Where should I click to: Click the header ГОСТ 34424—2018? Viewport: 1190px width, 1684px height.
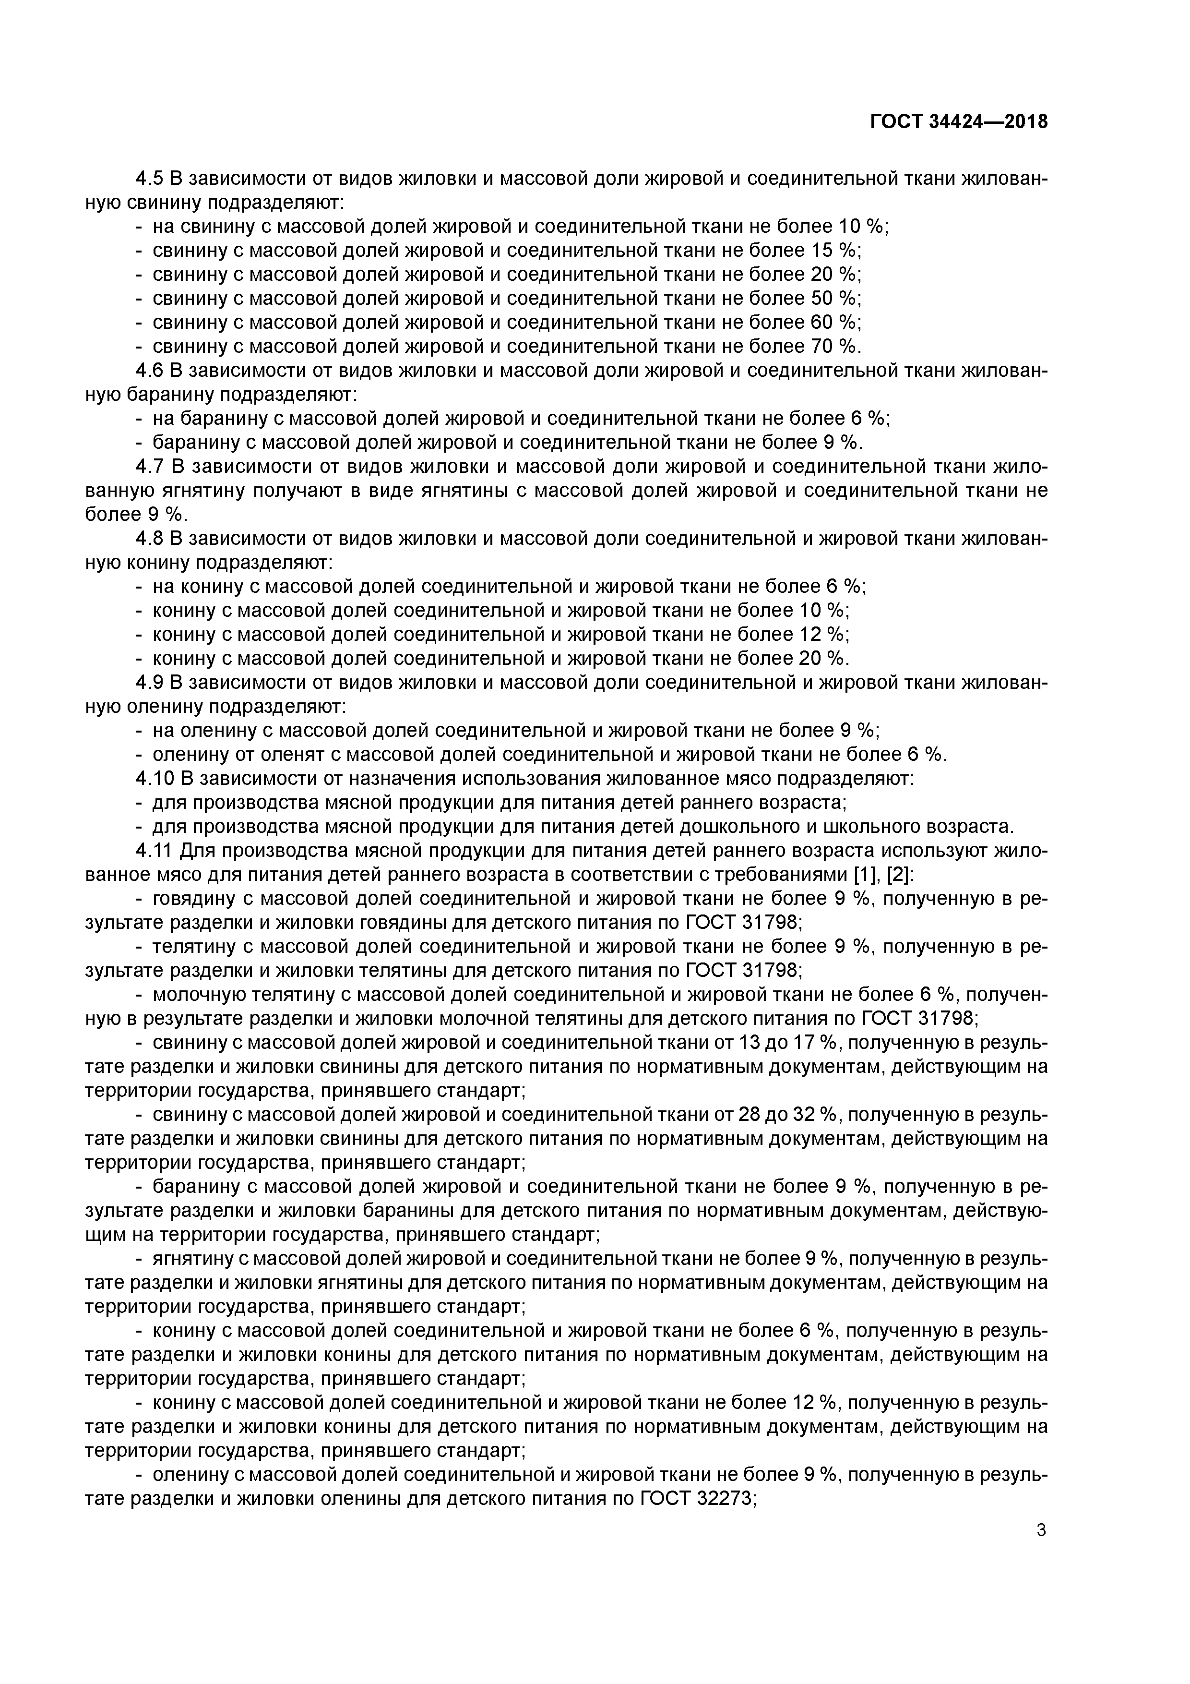click(958, 122)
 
